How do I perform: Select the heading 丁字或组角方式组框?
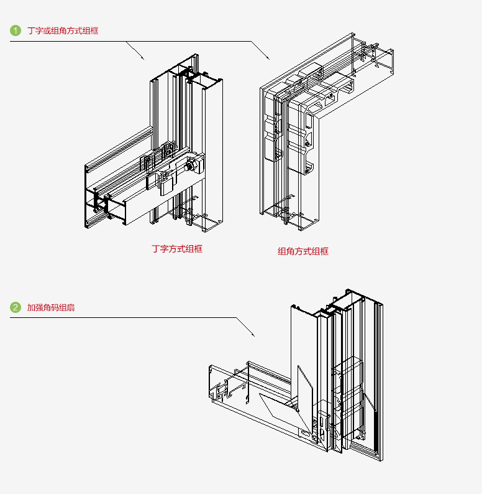pyautogui.click(x=63, y=30)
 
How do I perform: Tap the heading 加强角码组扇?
pyautogui.click(x=51, y=307)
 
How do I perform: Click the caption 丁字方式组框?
pyautogui.click(x=177, y=249)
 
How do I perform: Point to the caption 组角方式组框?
pyautogui.click(x=302, y=251)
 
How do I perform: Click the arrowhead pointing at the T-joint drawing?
pyautogui.click(x=143, y=58)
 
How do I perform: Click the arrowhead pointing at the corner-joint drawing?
pyautogui.click(x=268, y=58)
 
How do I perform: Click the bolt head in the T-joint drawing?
pyautogui.click(x=193, y=165)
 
